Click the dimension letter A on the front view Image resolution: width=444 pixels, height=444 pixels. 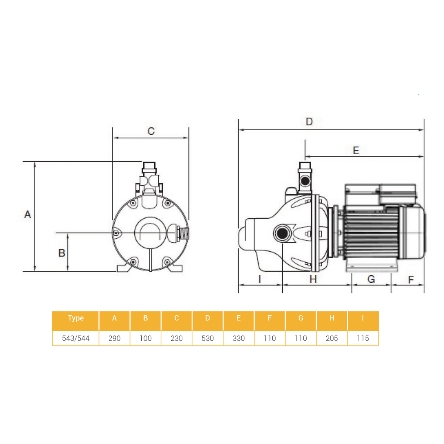28,215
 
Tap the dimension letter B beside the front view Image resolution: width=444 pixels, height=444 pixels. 61,253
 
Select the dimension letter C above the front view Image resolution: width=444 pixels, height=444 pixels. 151,131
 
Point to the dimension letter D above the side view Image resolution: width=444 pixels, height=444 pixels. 309,121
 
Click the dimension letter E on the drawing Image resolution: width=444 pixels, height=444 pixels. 356,151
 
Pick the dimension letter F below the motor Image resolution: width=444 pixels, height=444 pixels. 411,279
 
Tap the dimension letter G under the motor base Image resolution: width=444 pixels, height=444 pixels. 371,279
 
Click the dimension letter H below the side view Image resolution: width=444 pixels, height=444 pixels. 313,279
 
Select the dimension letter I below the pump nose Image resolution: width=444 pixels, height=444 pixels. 260,279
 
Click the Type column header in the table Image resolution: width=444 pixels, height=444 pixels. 76,318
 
